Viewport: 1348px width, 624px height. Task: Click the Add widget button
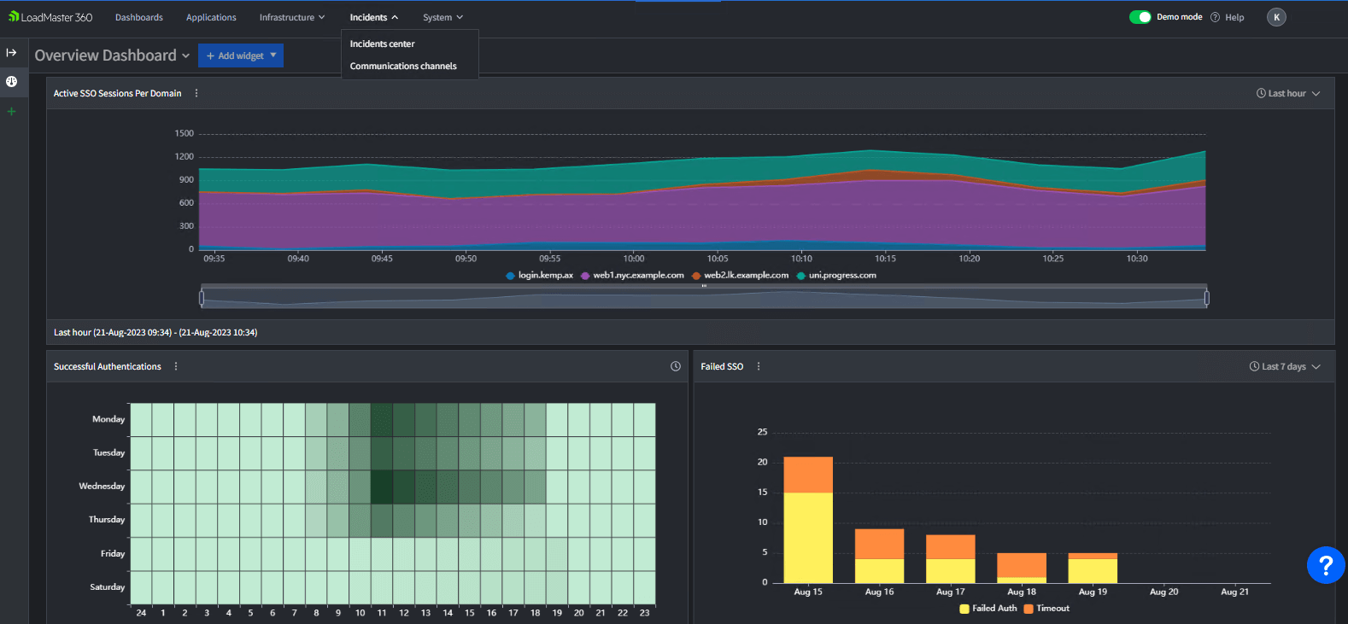241,55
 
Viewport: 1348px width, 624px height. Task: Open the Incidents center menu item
382,44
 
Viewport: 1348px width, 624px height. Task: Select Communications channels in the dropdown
403,66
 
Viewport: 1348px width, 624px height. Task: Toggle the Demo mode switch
1140,17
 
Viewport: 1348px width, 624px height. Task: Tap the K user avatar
1276,17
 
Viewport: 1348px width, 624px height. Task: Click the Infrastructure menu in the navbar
291,17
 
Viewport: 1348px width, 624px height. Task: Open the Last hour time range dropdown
1287,93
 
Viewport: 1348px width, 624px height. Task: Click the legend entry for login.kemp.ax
540,275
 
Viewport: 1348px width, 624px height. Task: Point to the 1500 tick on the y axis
185,133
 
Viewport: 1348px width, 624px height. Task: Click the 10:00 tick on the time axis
633,258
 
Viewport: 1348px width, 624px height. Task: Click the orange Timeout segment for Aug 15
807,475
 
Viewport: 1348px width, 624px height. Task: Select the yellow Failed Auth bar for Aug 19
1092,571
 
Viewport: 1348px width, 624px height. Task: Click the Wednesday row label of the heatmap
102,486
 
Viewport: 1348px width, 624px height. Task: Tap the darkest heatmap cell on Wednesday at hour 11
382,486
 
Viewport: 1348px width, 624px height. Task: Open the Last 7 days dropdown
1284,366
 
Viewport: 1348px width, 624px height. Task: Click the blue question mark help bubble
1325,565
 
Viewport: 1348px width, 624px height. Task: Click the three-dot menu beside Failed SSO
759,366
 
